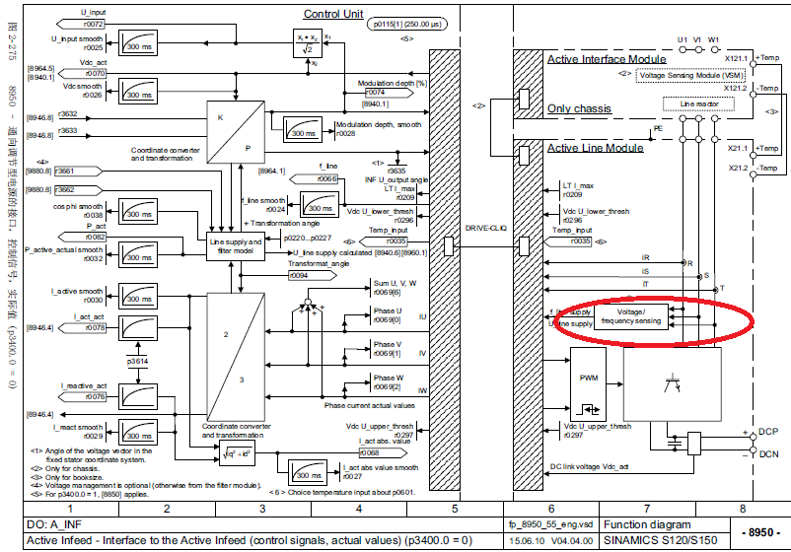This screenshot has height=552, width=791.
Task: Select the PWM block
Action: pyautogui.click(x=589, y=377)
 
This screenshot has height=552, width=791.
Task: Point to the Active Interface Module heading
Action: pyautogui.click(x=608, y=59)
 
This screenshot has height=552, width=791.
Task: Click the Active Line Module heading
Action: pyautogui.click(x=596, y=147)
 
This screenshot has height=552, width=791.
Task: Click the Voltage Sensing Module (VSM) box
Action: pyautogui.click(x=690, y=74)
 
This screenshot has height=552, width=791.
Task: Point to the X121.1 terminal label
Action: pyautogui.click(x=735, y=58)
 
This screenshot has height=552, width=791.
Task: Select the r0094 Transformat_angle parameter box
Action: pyautogui.click(x=301, y=276)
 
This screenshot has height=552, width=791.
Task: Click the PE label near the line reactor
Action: pyautogui.click(x=657, y=128)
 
